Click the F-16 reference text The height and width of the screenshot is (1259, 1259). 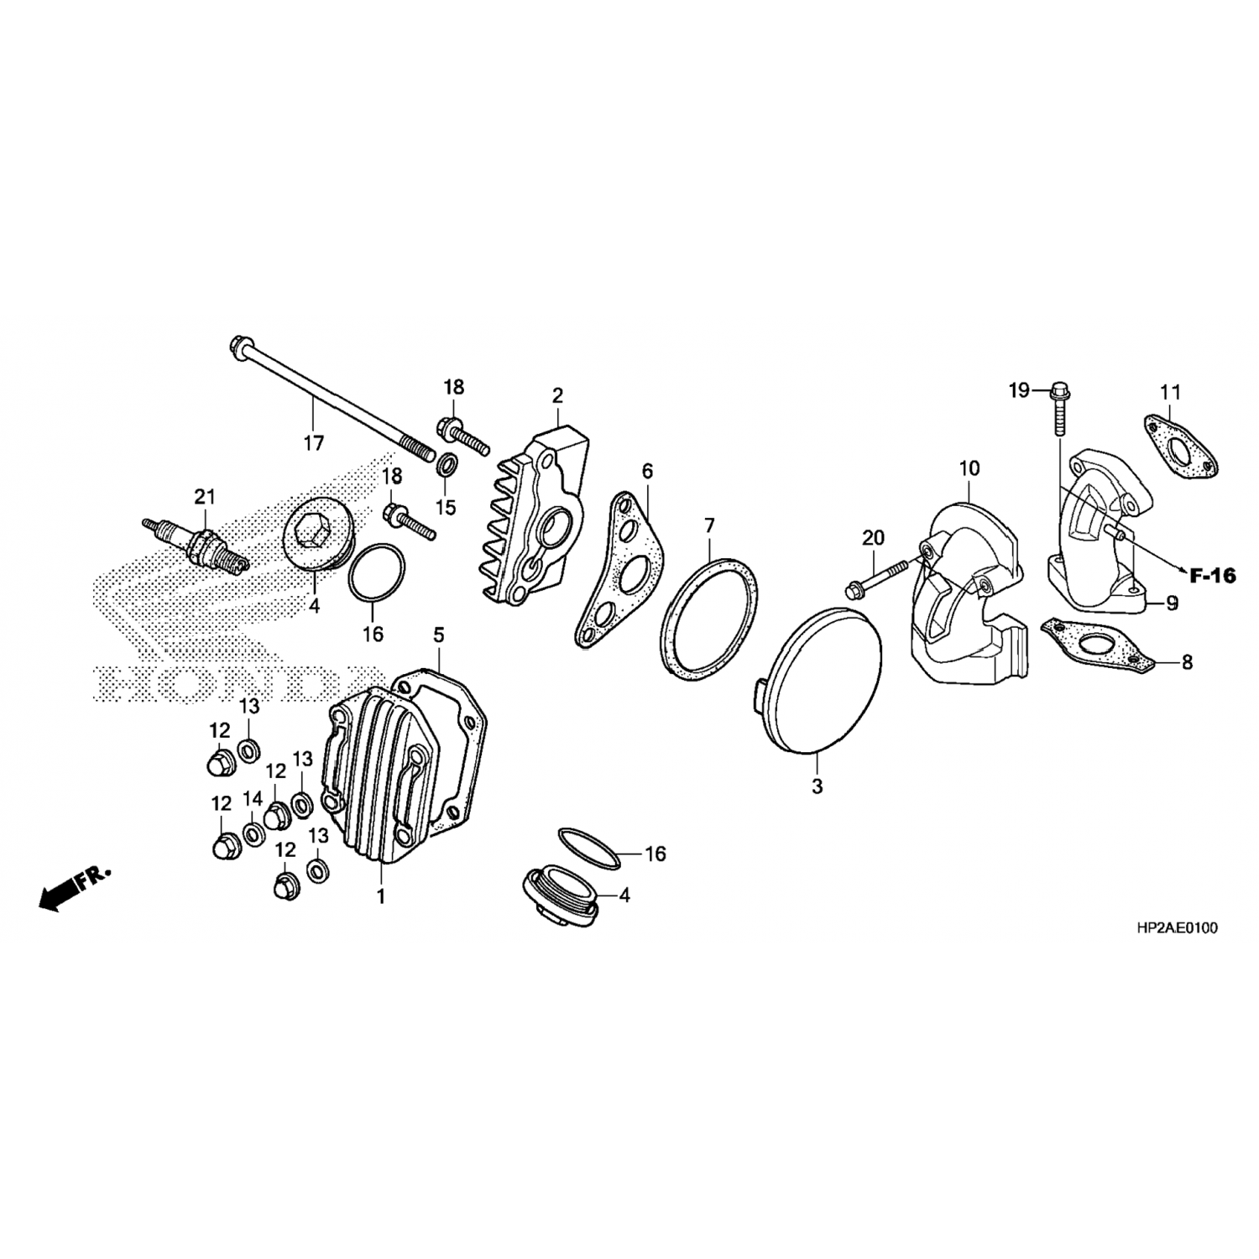click(1213, 576)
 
